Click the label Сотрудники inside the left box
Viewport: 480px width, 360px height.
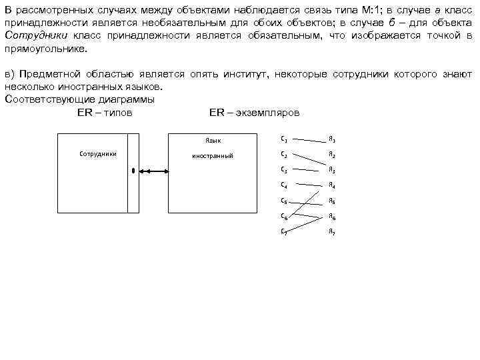(98, 154)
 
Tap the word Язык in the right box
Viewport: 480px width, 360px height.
(212, 141)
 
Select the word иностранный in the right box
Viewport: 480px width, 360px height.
(212, 155)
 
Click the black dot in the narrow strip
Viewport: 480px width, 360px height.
(133, 171)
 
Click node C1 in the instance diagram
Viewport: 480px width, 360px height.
(285, 139)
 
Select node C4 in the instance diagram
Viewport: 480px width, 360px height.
(285, 184)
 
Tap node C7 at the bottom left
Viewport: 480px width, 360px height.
(285, 231)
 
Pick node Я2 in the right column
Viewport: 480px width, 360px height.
(331, 155)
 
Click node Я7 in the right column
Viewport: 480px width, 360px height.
(331, 232)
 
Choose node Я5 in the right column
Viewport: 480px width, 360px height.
(331, 201)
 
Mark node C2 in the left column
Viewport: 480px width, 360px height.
(285, 154)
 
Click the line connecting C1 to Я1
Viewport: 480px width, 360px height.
(308, 140)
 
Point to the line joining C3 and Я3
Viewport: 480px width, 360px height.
(308, 169)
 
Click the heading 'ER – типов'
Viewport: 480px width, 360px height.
(105, 113)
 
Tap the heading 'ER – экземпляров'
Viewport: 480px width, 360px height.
(254, 113)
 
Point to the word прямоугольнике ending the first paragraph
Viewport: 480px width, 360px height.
(44, 49)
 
